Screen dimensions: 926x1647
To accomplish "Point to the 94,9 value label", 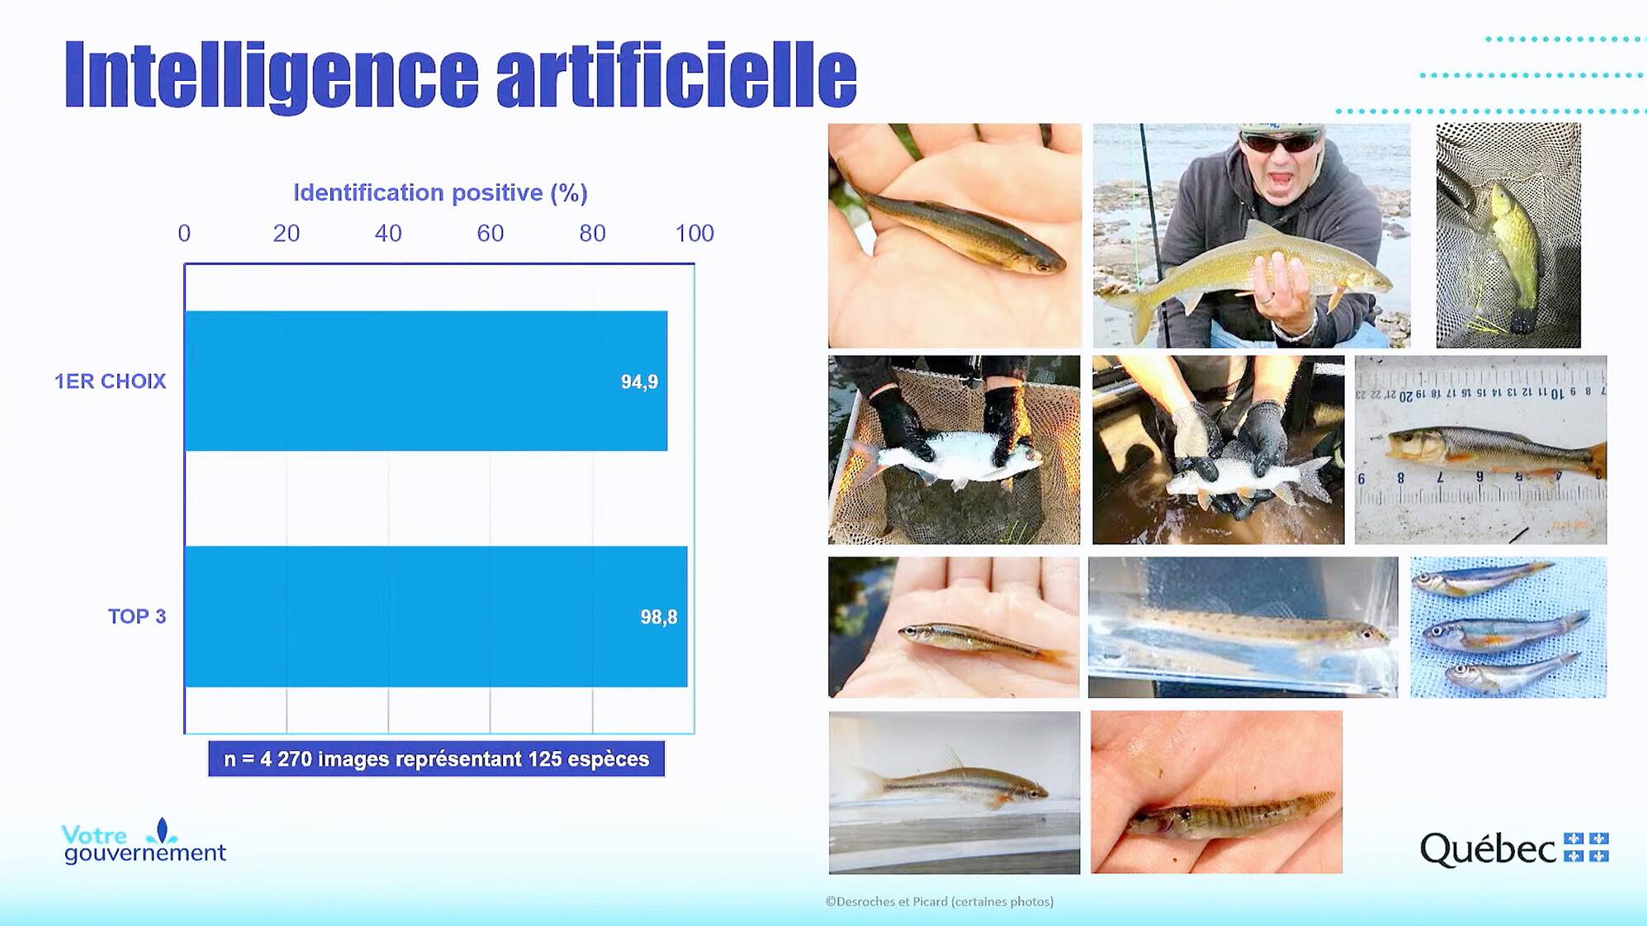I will (639, 382).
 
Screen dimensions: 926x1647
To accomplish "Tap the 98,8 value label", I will (658, 617).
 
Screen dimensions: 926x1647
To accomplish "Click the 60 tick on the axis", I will (490, 234).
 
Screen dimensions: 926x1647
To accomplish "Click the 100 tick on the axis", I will (694, 234).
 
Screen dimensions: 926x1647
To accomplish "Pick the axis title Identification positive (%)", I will (440, 193).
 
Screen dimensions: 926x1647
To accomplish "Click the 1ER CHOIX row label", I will (110, 381).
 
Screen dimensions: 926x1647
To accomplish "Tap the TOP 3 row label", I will (136, 617).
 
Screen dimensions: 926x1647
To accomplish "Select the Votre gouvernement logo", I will (143, 843).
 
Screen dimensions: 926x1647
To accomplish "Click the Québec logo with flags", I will (1514, 848).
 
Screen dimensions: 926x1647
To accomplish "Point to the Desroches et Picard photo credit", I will (939, 901).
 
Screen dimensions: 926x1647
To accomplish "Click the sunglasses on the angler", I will (1280, 143).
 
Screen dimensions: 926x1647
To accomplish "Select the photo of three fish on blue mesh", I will (1507, 627).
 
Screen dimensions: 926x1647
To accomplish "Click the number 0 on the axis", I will (184, 234).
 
